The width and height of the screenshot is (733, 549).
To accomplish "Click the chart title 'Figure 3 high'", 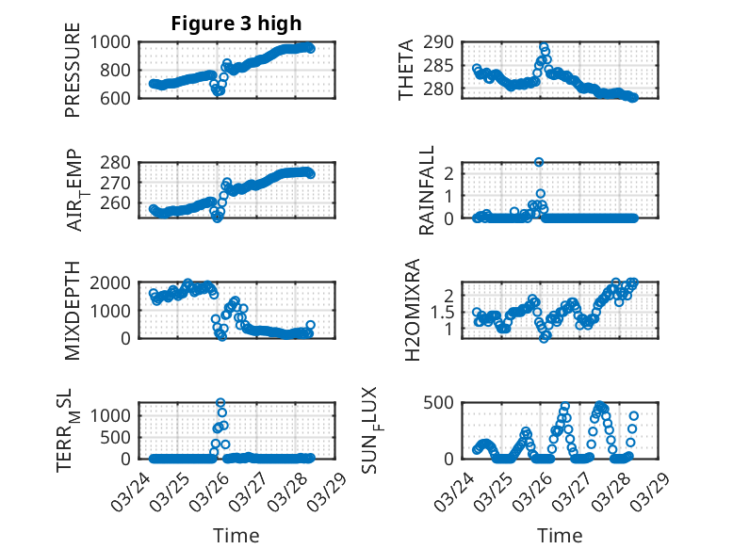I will [x=236, y=24].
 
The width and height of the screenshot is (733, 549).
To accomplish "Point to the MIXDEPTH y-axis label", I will [x=73, y=312].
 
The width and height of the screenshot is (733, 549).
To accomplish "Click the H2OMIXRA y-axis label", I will [x=412, y=311].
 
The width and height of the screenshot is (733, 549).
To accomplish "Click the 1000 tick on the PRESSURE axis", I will [x=112, y=42].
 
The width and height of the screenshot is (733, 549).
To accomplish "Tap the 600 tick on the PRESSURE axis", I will [x=118, y=97].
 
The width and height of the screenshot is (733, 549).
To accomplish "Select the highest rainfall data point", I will [x=539, y=162].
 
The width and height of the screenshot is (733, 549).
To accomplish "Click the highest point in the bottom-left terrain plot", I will [x=220, y=403].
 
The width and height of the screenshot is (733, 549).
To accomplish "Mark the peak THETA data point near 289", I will [x=544, y=45].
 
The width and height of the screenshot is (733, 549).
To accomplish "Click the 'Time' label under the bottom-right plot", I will [x=560, y=535].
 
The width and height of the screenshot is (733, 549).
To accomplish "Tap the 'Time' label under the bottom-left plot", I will [x=236, y=535].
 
